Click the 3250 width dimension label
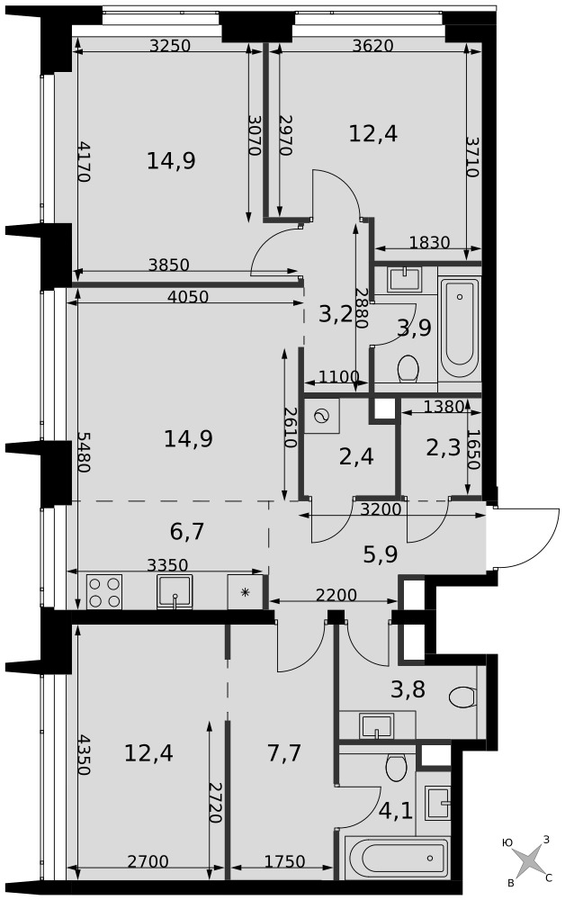click(x=169, y=45)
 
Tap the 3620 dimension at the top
click(x=372, y=45)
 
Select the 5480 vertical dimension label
click(x=84, y=452)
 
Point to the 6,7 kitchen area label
click(x=187, y=532)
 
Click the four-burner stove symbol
click(x=104, y=592)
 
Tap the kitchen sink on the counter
click(x=175, y=592)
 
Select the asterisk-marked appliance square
click(x=245, y=592)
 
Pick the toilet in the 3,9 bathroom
click(x=408, y=368)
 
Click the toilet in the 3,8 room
click(x=462, y=698)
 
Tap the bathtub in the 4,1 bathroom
click(x=397, y=859)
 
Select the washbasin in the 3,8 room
click(x=376, y=725)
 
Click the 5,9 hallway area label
click(x=381, y=554)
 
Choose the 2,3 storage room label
click(x=443, y=447)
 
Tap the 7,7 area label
click(x=284, y=751)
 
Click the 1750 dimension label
click(x=284, y=861)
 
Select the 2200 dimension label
click(x=336, y=595)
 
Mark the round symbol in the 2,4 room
click(x=322, y=416)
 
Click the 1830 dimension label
click(x=429, y=243)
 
